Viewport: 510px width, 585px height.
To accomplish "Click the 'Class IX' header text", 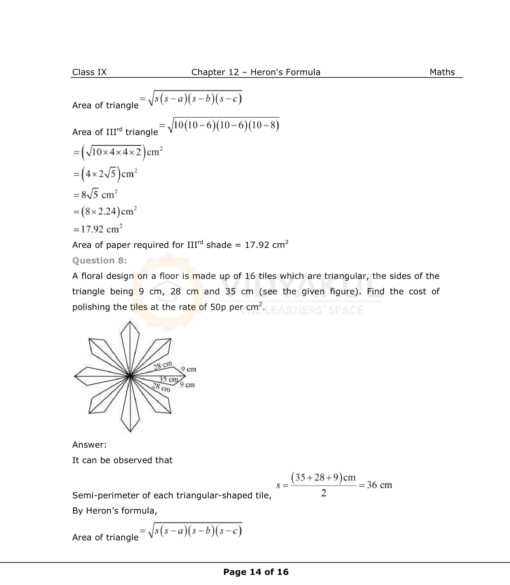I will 89,72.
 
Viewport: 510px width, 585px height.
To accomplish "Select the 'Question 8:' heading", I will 99,261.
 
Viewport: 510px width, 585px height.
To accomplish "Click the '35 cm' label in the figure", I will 168,380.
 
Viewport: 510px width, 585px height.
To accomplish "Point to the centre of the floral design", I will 130,376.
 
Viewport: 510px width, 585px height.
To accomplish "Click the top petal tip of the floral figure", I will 130,322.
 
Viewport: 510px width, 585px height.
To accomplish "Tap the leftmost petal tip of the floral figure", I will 75,376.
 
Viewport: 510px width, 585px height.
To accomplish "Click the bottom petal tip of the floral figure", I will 130,431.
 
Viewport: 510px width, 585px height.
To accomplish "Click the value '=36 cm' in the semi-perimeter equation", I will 376,485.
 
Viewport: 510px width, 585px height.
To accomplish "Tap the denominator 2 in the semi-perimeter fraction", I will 324,493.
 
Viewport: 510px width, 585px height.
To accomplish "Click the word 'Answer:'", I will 89,445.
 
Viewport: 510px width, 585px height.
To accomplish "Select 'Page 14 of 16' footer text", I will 256,572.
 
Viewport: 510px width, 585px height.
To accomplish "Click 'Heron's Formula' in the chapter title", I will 285,72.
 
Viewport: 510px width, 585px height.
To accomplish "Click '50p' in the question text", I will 218,307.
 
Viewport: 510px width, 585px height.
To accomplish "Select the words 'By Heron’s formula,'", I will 114,511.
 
